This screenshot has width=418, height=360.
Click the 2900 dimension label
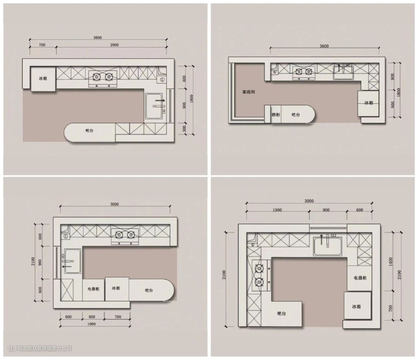click(114, 45)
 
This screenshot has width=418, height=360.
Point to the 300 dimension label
click(185, 129)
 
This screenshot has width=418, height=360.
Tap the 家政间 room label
click(248, 92)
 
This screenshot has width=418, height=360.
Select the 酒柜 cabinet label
click(276, 115)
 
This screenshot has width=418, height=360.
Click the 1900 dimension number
click(91, 324)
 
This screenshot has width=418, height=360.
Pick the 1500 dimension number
click(277, 210)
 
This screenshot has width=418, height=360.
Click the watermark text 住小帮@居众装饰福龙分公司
click(39, 348)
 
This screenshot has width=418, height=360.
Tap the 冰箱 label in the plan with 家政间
click(369, 103)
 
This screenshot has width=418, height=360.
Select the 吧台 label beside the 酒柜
click(295, 115)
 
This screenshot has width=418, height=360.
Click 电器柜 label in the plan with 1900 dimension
click(93, 289)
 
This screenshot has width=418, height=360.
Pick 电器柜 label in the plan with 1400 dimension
click(360, 278)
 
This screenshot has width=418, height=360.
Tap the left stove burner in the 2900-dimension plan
click(96, 77)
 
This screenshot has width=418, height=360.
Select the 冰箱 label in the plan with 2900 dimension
click(43, 78)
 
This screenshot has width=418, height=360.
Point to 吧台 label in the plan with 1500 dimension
click(281, 313)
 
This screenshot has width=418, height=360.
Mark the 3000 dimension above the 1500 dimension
click(309, 201)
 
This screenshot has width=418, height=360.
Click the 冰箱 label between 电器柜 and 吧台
click(116, 288)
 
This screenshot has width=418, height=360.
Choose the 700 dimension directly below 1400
click(391, 309)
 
